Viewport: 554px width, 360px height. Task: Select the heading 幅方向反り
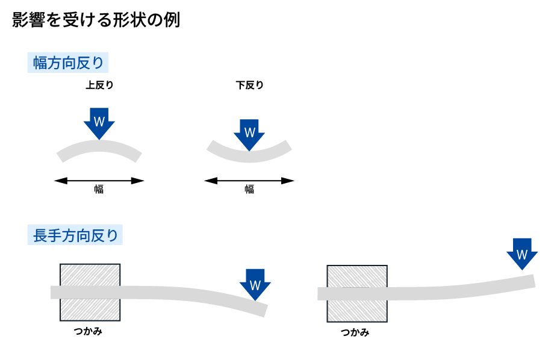pyautogui.click(x=69, y=63)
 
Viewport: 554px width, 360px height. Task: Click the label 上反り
pyautogui.click(x=99, y=85)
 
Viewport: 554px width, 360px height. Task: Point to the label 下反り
pyautogui.click(x=249, y=85)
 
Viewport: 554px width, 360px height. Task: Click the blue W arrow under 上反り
pyautogui.click(x=99, y=123)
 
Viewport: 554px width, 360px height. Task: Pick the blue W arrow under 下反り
pyautogui.click(x=249, y=134)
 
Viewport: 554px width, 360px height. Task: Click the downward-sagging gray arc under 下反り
pyautogui.click(x=249, y=155)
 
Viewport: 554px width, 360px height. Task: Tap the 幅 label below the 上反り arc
pyautogui.click(x=99, y=190)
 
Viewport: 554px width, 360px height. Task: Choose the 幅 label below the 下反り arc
pyautogui.click(x=249, y=190)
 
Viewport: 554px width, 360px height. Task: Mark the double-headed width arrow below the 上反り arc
pyautogui.click(x=99, y=180)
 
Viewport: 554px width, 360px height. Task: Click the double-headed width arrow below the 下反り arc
pyautogui.click(x=249, y=180)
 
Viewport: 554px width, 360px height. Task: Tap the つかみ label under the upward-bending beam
pyautogui.click(x=355, y=332)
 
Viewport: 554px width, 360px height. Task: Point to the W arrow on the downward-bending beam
pyautogui.click(x=255, y=283)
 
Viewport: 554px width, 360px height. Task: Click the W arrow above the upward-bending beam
pyautogui.click(x=522, y=252)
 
